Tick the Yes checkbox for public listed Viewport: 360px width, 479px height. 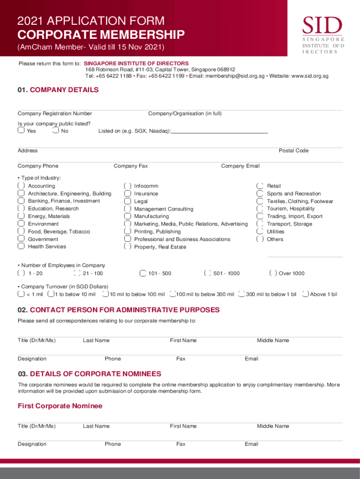[21, 131]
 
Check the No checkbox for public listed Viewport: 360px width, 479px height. [56, 131]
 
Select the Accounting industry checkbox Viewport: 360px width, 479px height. [21, 186]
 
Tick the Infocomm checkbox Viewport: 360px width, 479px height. [128, 186]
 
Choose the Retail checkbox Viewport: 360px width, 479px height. [260, 186]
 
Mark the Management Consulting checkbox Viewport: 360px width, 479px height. [128, 209]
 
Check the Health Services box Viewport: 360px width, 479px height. [21, 247]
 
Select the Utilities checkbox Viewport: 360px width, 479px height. [260, 232]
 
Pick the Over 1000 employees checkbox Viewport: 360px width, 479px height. [273, 273]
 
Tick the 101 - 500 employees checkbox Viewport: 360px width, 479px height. [143, 273]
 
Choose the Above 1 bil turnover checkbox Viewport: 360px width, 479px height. [305, 294]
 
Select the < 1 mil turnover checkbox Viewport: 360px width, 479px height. [21, 294]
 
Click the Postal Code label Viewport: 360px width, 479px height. [294, 151]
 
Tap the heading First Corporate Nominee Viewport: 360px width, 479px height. [60, 406]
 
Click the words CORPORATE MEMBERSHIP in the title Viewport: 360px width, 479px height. [101, 35]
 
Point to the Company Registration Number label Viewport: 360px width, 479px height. [55, 114]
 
